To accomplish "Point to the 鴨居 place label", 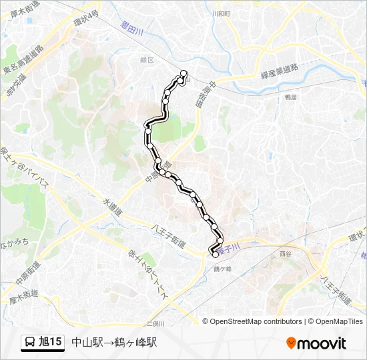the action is pyautogui.click(x=290, y=97).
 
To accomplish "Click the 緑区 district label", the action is pyautogui.click(x=147, y=59).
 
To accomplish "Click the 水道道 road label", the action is pyautogui.click(x=113, y=206).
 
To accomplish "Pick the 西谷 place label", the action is pyautogui.click(x=286, y=254).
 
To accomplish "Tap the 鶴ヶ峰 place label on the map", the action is pyautogui.click(x=222, y=269).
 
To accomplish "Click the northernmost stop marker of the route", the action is pyautogui.click(x=183, y=74).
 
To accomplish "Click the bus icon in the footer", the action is pyautogui.click(x=30, y=343).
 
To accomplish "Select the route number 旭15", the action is pyautogui.click(x=51, y=343).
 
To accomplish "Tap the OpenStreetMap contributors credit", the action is pyautogui.click(x=256, y=321).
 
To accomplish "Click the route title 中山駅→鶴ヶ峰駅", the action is pyautogui.click(x=114, y=343).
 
